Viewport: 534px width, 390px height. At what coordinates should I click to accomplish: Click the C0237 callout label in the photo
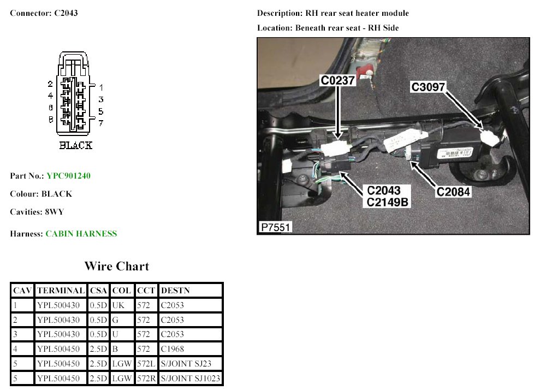point(338,81)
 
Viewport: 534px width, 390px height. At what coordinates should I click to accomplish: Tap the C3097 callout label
point(429,86)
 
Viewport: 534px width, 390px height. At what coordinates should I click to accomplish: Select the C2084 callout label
point(453,192)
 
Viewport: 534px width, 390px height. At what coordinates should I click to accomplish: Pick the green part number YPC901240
point(69,176)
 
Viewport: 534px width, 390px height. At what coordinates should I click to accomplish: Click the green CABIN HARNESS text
point(81,234)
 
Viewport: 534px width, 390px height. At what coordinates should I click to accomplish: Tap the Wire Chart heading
point(116,267)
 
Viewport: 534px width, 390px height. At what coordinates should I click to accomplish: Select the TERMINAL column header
point(61,291)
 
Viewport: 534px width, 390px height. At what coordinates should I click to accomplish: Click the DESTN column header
point(175,291)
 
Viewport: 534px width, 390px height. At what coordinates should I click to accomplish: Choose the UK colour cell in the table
point(118,305)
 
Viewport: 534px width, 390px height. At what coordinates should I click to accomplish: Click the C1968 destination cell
point(172,349)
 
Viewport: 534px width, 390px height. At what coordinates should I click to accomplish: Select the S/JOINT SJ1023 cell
point(190,378)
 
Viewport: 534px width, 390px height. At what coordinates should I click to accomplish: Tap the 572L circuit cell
point(145,364)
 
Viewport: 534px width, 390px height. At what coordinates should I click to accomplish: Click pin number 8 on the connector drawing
point(50,119)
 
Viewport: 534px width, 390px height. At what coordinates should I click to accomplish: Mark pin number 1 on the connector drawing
point(101,87)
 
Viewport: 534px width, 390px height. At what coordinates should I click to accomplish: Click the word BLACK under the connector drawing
point(75,145)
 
